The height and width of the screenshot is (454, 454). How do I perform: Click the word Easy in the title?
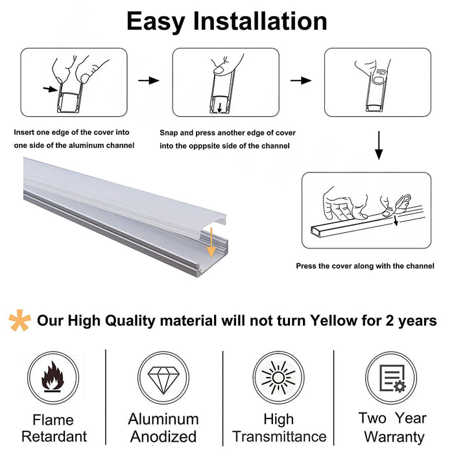(x=156, y=21)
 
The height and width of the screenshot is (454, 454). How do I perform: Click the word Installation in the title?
(x=260, y=21)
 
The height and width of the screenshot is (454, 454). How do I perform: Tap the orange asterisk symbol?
(x=19, y=320)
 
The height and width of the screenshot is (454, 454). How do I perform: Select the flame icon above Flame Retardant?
(x=53, y=376)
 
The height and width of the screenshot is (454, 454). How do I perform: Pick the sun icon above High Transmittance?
(x=278, y=377)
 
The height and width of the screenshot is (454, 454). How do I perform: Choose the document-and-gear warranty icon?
(x=392, y=378)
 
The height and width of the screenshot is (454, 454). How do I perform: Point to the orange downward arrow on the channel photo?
(x=211, y=243)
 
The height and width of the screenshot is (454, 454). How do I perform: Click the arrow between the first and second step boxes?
(x=149, y=80)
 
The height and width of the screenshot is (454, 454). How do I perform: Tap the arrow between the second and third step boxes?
(x=301, y=80)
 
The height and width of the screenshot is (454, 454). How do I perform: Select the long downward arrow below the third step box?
(x=379, y=145)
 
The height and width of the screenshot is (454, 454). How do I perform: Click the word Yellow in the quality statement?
(x=333, y=320)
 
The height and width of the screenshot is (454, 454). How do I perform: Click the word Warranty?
(x=394, y=437)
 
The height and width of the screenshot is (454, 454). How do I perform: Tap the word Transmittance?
(x=280, y=436)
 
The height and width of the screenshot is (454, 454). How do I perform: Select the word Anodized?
(x=163, y=436)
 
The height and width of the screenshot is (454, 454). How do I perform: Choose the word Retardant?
(x=54, y=436)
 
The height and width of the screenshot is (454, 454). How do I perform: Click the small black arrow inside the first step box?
(x=51, y=89)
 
